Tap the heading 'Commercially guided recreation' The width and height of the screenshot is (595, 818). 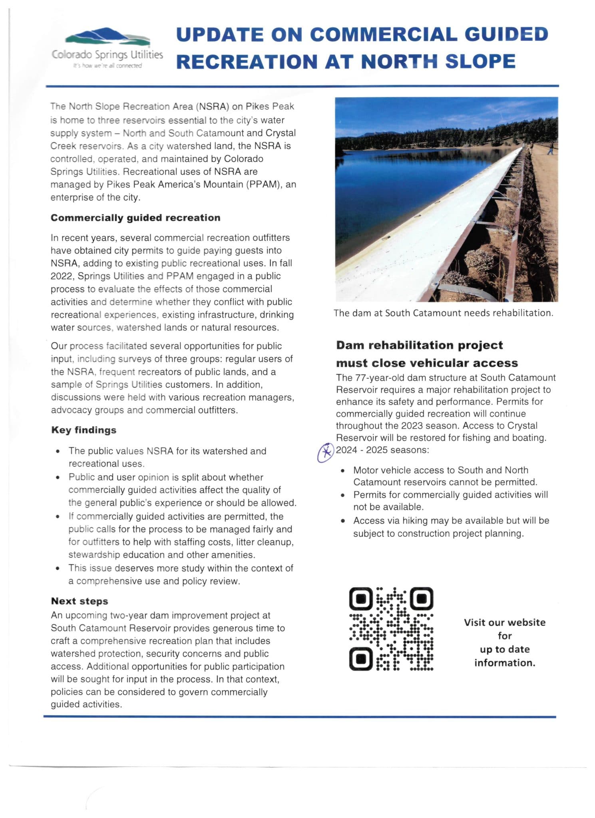[x=135, y=218]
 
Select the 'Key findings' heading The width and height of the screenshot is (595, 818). [x=84, y=430]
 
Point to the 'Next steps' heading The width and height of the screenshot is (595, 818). [x=80, y=601]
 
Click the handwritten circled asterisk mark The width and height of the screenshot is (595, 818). [x=326, y=453]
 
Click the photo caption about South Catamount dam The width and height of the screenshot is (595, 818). [x=443, y=313]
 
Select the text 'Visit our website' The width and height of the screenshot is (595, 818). [x=504, y=622]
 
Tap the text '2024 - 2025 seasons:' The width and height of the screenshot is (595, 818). [x=382, y=450]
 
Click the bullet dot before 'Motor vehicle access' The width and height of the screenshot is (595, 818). [x=343, y=471]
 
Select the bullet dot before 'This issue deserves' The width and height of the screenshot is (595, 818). [x=58, y=568]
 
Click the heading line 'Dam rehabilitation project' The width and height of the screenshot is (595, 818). [x=419, y=345]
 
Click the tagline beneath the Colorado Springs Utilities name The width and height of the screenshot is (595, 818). [x=107, y=66]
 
